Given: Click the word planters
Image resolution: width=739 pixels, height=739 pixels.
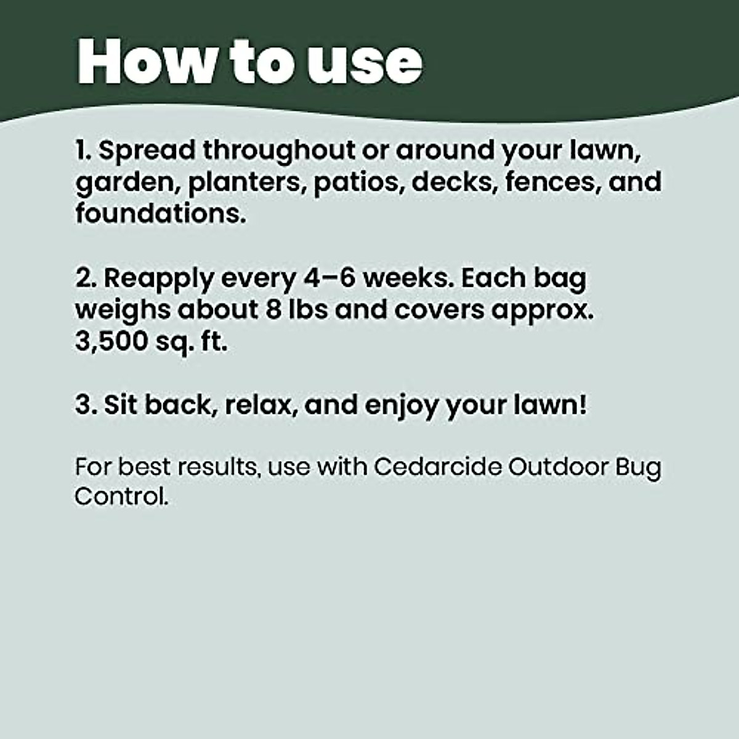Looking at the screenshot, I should pyautogui.click(x=246, y=183).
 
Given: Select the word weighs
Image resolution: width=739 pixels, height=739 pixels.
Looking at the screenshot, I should pyautogui.click(x=123, y=310).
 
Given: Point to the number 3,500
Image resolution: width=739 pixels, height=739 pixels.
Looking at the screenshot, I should pyautogui.click(x=110, y=342).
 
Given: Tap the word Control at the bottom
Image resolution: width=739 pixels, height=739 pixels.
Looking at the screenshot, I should pyautogui.click(x=121, y=496).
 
